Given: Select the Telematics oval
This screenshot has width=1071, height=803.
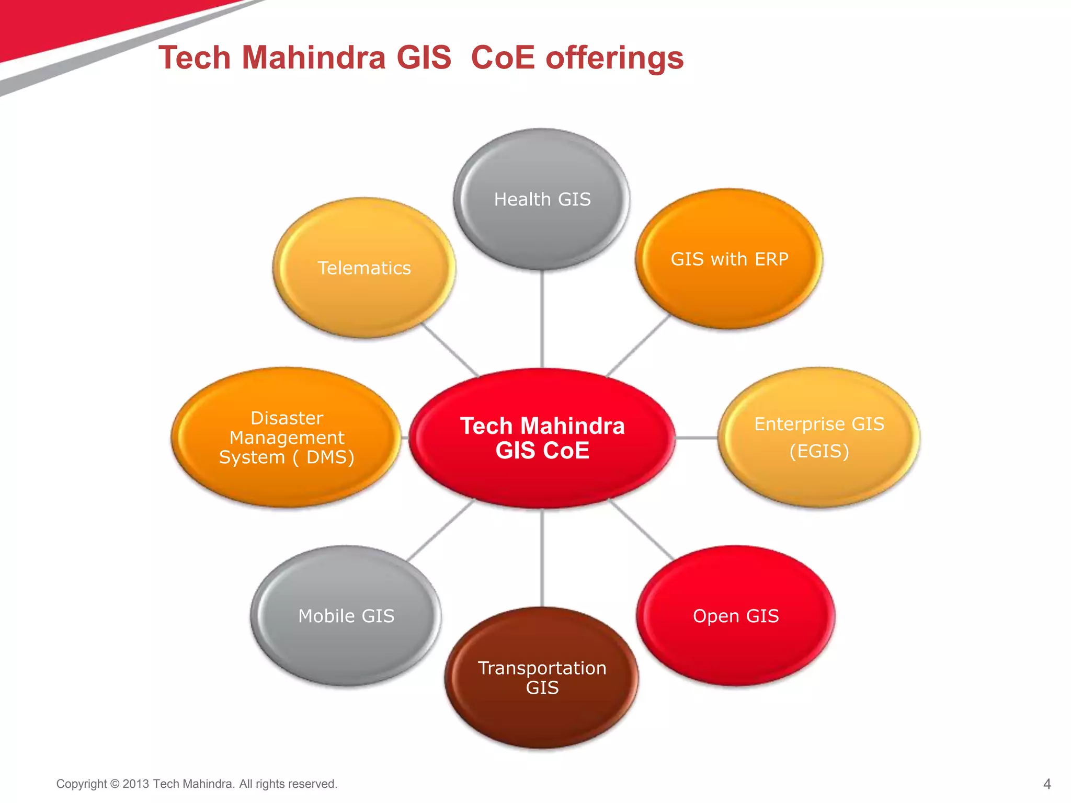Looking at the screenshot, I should [x=364, y=268].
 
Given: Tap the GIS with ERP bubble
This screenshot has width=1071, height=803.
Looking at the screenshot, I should [x=729, y=259].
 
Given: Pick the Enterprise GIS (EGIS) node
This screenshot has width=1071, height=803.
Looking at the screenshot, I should [x=819, y=437].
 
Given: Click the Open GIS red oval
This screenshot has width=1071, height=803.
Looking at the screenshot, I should [x=735, y=616].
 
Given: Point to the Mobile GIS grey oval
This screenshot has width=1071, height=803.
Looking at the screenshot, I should [x=346, y=616].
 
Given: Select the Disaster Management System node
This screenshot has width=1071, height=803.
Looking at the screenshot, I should [x=286, y=437].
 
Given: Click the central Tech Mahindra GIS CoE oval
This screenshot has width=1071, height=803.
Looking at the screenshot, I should [x=542, y=438].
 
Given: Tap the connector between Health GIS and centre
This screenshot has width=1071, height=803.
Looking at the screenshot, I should [x=542, y=319].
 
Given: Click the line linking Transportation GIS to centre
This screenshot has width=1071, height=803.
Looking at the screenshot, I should [x=542, y=558].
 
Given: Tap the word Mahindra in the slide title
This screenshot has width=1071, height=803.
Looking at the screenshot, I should [x=313, y=58].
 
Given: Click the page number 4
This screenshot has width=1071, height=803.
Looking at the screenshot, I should [x=1046, y=784].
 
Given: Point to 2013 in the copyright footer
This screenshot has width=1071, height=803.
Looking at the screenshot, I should [x=136, y=784].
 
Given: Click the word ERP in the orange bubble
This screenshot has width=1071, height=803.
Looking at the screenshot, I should [x=771, y=259].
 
